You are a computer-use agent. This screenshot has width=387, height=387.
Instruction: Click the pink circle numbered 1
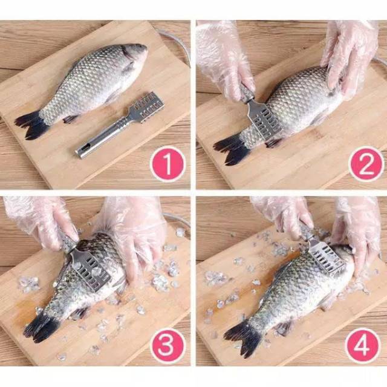[167, 164]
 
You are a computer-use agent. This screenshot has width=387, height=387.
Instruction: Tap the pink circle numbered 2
[366, 164]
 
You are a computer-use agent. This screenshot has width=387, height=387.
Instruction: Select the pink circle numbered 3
[167, 345]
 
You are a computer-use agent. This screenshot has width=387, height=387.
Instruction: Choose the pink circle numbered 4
[362, 345]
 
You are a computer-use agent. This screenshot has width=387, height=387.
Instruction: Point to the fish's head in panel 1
[134, 56]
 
